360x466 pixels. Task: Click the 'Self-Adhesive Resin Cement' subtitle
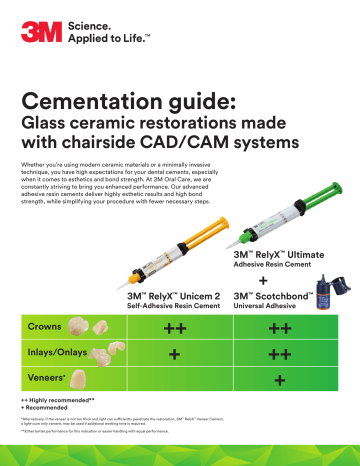[x=168, y=308]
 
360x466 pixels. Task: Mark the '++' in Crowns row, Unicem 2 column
[x=175, y=328]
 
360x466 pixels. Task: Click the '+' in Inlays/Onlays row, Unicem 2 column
[x=175, y=355]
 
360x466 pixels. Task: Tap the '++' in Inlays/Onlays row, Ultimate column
[x=281, y=355]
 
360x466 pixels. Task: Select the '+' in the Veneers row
[x=281, y=381]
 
